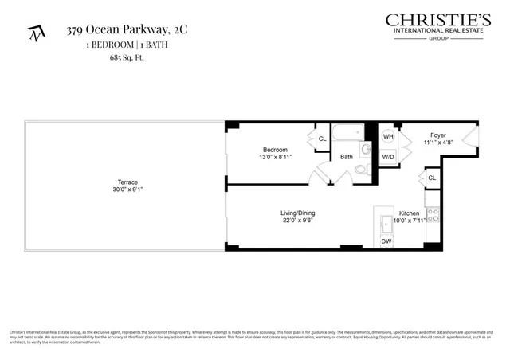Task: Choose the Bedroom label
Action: [x=275, y=150]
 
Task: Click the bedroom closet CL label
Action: [x=323, y=139]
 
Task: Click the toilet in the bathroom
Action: [x=361, y=170]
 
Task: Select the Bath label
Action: [x=347, y=157]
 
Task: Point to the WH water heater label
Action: [x=388, y=136]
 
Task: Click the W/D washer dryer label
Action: [x=388, y=156]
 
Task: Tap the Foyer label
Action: [x=438, y=135]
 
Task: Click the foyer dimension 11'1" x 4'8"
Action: [x=438, y=143]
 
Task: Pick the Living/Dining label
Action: [x=298, y=213]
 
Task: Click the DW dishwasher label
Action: [x=386, y=241]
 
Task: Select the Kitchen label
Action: [x=409, y=213]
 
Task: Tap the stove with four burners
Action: [x=433, y=215]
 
